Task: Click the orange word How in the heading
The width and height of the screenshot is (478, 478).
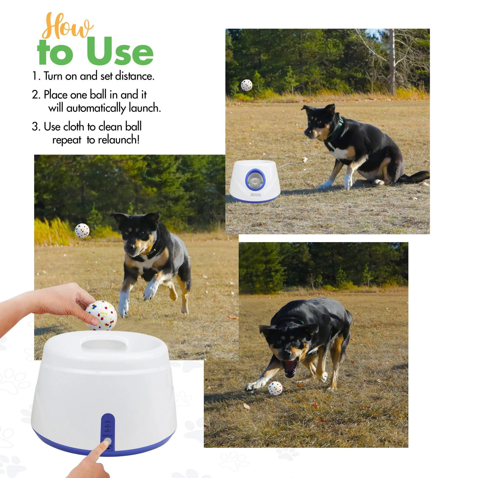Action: [x=67, y=27]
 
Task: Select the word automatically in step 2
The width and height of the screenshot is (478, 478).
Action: [x=96, y=108]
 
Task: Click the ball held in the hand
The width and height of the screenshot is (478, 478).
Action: [x=101, y=315]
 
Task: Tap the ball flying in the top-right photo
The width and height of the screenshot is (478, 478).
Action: [x=247, y=85]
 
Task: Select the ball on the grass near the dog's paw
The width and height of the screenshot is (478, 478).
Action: [x=275, y=388]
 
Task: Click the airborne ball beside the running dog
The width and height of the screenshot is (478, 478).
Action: [x=82, y=230]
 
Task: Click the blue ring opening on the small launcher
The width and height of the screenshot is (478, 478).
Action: [x=255, y=179]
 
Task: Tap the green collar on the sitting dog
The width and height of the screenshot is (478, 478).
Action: [x=338, y=128]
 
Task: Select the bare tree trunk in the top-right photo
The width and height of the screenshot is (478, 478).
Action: [x=392, y=61]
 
